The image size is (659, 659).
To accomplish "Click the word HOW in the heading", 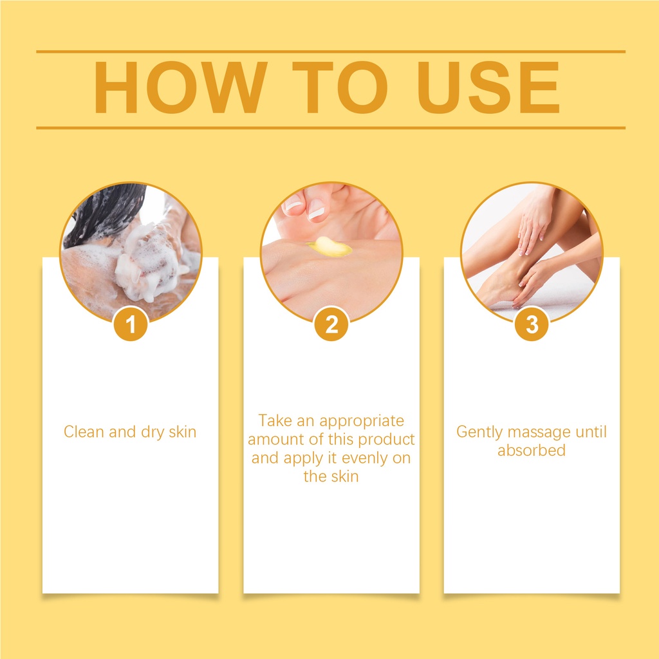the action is (x=180, y=88).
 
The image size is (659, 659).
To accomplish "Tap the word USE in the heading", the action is (x=488, y=88).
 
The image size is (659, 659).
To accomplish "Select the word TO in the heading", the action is (x=340, y=88).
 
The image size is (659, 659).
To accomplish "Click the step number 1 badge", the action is (x=131, y=324).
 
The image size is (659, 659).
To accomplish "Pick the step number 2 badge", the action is (x=331, y=324).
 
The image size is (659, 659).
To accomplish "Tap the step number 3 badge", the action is (x=532, y=324).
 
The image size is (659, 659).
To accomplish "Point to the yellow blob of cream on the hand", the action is (x=329, y=246).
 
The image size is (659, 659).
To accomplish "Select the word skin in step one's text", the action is (x=182, y=432).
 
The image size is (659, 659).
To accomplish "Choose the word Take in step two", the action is (x=275, y=420).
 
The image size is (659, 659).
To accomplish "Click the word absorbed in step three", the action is (x=532, y=450).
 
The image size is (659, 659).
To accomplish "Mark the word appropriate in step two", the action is (x=362, y=421).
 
